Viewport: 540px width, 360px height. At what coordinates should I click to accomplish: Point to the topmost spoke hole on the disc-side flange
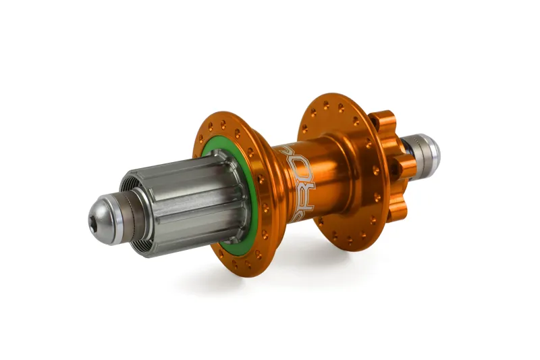[326, 105]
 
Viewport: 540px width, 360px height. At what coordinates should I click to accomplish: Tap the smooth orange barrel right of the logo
[331, 182]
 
